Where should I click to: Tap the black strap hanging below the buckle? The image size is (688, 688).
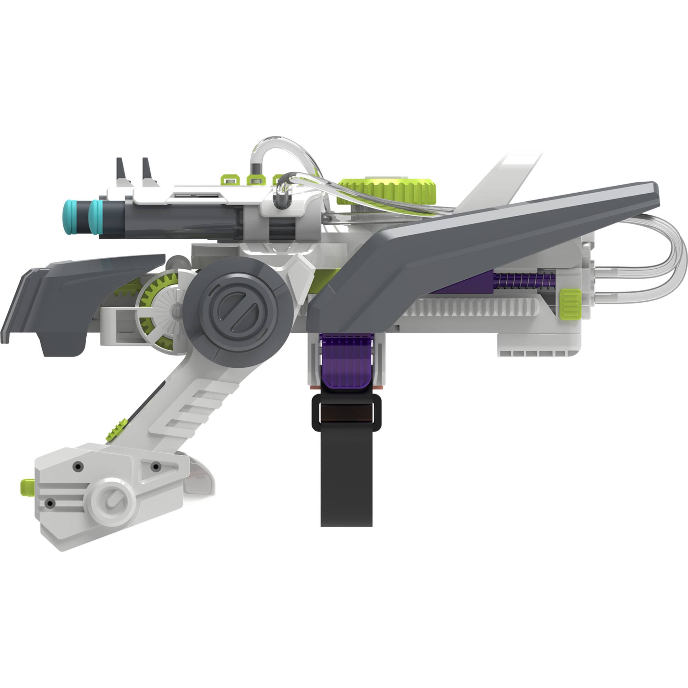pyautogui.click(x=346, y=481)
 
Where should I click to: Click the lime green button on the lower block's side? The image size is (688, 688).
pyautogui.click(x=27, y=487)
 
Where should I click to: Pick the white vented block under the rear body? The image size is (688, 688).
pyautogui.click(x=538, y=347)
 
